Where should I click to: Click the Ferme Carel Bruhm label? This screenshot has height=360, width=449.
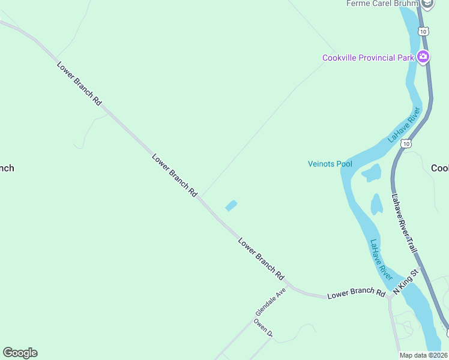coord(382,4)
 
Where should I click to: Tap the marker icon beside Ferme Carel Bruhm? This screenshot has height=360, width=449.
coord(427,4)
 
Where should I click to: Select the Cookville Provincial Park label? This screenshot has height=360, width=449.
coord(369,58)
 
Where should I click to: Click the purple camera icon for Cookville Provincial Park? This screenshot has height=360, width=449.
coord(424,58)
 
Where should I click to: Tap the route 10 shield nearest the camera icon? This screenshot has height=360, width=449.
coord(424,31)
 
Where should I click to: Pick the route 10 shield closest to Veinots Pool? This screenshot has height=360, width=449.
coord(407,143)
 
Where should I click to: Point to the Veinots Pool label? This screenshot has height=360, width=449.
coord(330,164)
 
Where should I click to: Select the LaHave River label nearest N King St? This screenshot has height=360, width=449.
coord(381,260)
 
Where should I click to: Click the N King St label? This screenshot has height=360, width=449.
coord(405,282)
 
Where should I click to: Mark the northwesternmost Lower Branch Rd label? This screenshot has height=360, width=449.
coord(79,84)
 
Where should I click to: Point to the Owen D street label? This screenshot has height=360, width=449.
coord(263,328)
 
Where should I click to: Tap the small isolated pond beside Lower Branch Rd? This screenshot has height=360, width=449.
coord(231,206)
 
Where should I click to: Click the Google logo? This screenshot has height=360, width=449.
coord(20,353)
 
